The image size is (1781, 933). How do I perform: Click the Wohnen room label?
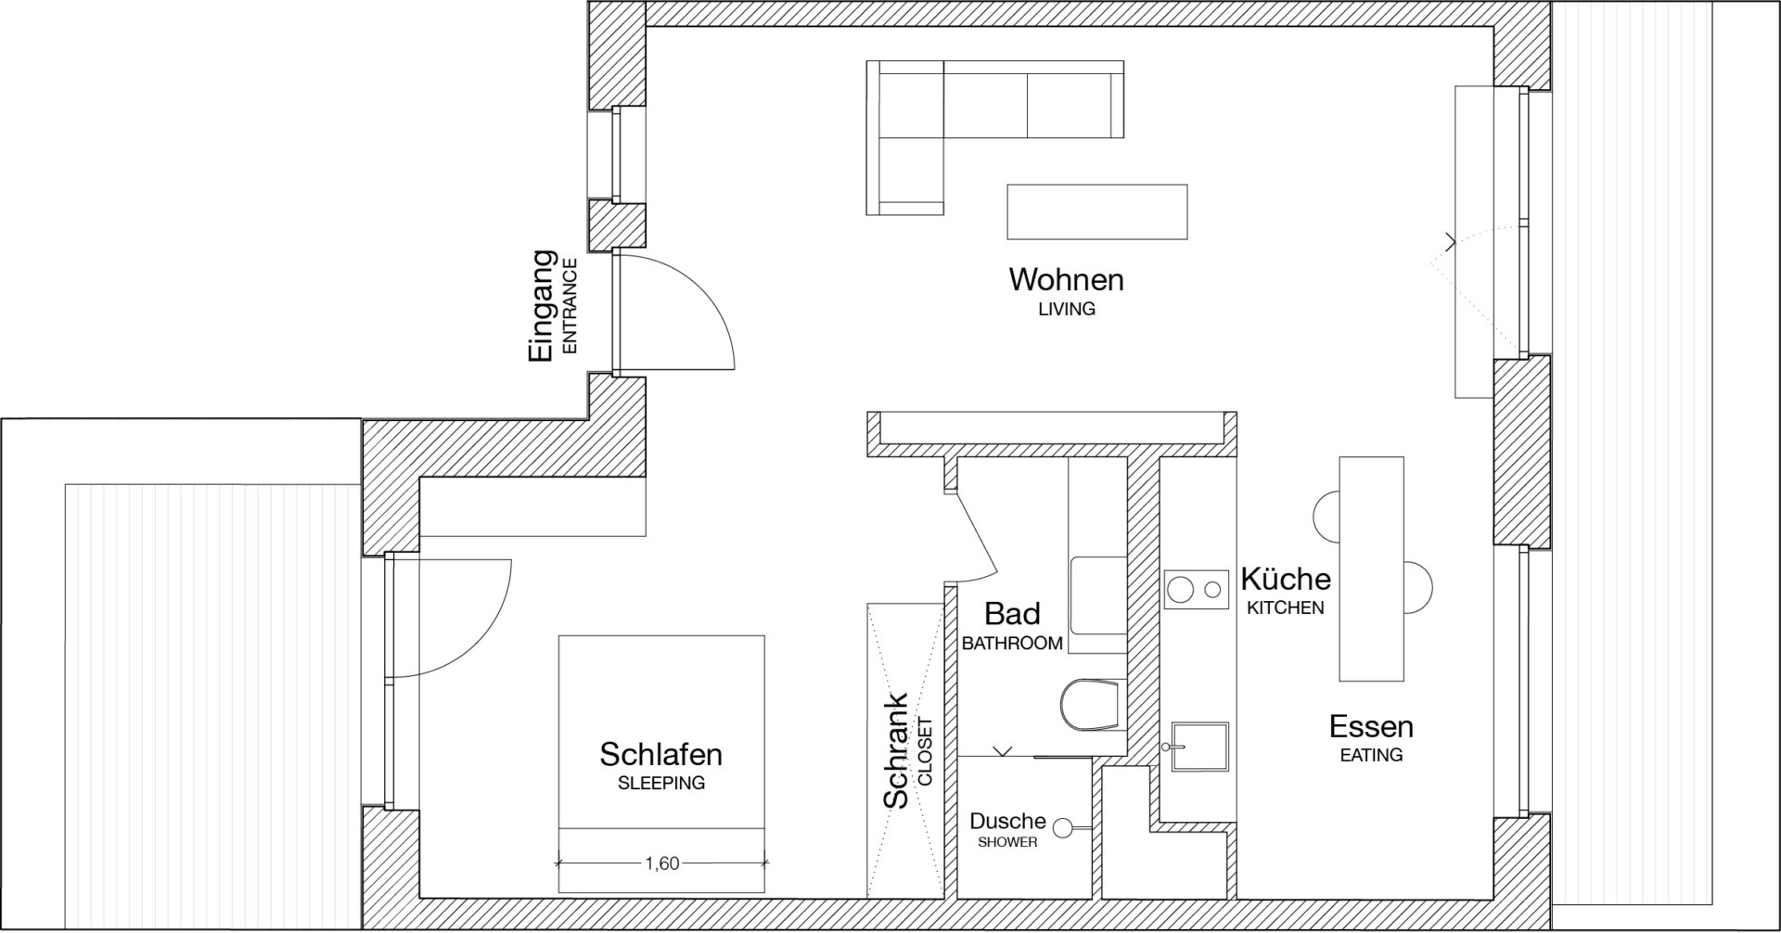(1066, 279)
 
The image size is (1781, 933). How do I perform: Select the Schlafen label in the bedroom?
(660, 754)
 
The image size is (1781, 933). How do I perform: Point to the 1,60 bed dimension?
(661, 863)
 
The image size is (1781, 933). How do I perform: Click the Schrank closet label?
(896, 750)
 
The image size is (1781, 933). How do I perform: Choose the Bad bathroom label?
(1012, 613)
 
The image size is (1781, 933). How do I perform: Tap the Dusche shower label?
(1007, 821)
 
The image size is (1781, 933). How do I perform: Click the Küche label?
(1286, 579)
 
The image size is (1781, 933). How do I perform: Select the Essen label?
(1371, 726)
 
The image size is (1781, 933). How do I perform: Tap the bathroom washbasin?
(1099, 596)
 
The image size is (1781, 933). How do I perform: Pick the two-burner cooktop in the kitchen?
(1196, 588)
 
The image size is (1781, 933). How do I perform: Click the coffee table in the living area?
(1096, 212)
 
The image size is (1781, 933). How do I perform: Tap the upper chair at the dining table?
(1327, 513)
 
